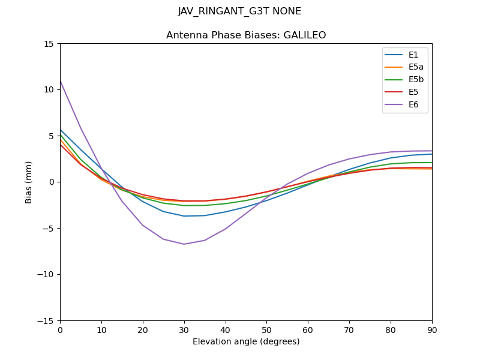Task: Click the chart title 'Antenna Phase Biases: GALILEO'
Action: coord(246,35)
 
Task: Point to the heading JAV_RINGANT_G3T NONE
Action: coord(240,11)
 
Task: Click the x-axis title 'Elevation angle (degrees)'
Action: coord(246,342)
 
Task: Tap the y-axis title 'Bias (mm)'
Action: coord(29,182)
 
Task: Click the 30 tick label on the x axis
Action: coord(184,329)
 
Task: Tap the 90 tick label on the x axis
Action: coord(432,329)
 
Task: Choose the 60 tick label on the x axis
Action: coord(308,329)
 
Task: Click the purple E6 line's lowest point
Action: coord(184,244)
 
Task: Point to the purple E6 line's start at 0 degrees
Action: coord(60,80)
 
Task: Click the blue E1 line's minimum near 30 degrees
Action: coord(184,216)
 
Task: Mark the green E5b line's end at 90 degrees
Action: coord(432,163)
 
